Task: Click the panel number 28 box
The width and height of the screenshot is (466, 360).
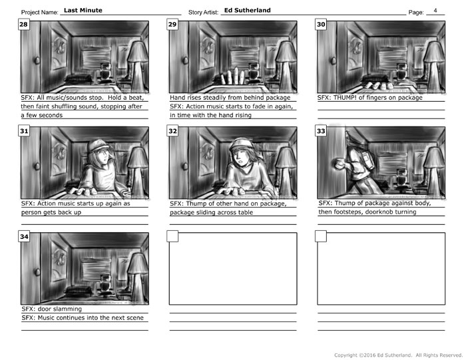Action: pyautogui.click(x=23, y=25)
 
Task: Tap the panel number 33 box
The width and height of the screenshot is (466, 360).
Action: pyautogui.click(x=321, y=130)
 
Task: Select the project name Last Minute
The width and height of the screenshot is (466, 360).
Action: pyautogui.click(x=83, y=11)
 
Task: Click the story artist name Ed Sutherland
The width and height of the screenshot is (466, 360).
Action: pyautogui.click(x=247, y=11)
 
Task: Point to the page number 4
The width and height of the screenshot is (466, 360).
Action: pyautogui.click(x=435, y=11)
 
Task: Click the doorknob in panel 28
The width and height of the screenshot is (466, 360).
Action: pyautogui.click(x=37, y=61)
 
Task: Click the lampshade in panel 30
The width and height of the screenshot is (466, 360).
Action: pyautogui.click(x=433, y=53)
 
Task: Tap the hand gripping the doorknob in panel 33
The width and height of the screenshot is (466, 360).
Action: pyautogui.click(x=338, y=164)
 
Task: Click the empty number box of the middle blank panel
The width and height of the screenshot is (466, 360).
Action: pyautogui.click(x=172, y=236)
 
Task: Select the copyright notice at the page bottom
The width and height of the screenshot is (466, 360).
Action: pyautogui.click(x=398, y=355)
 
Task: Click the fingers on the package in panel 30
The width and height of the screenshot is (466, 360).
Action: pyautogui.click(x=377, y=85)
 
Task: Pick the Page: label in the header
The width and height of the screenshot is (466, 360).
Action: pyautogui.click(x=416, y=13)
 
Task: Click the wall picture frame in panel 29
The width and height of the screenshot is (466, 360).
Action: pyautogui.click(x=208, y=51)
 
